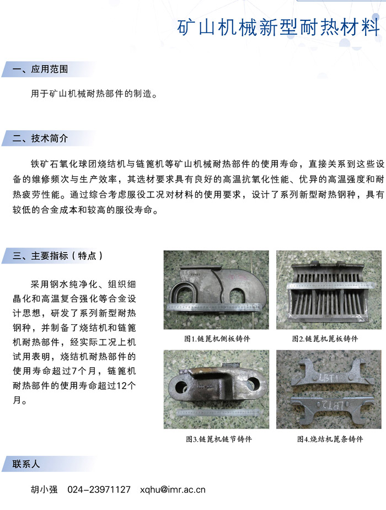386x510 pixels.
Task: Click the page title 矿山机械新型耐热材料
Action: pyautogui.click(x=278, y=28)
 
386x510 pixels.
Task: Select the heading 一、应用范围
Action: pyautogui.click(x=40, y=69)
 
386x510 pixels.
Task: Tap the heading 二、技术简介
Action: pyautogui.click(x=40, y=138)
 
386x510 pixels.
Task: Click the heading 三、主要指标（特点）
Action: pyautogui.click(x=58, y=256)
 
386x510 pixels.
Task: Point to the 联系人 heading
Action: pyautogui.click(x=26, y=464)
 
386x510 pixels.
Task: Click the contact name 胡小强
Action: pyautogui.click(x=44, y=490)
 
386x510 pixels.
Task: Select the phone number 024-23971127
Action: pyautogui.click(x=99, y=490)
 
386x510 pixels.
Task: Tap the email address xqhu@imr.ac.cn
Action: pyautogui.click(x=173, y=490)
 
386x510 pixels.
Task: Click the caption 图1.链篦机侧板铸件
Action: pyautogui.click(x=217, y=339)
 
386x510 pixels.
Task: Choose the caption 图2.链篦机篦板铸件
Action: pyautogui.click(x=325, y=339)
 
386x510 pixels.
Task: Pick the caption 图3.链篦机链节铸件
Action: pyautogui.click(x=219, y=439)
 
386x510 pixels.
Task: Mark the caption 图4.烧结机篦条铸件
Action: pyautogui.click(x=330, y=439)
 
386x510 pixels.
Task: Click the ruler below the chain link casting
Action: pyautogui.click(x=218, y=413)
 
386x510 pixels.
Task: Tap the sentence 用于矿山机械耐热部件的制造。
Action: pyautogui.click(x=94, y=94)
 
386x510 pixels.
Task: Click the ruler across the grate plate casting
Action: pyautogui.click(x=330, y=286)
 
